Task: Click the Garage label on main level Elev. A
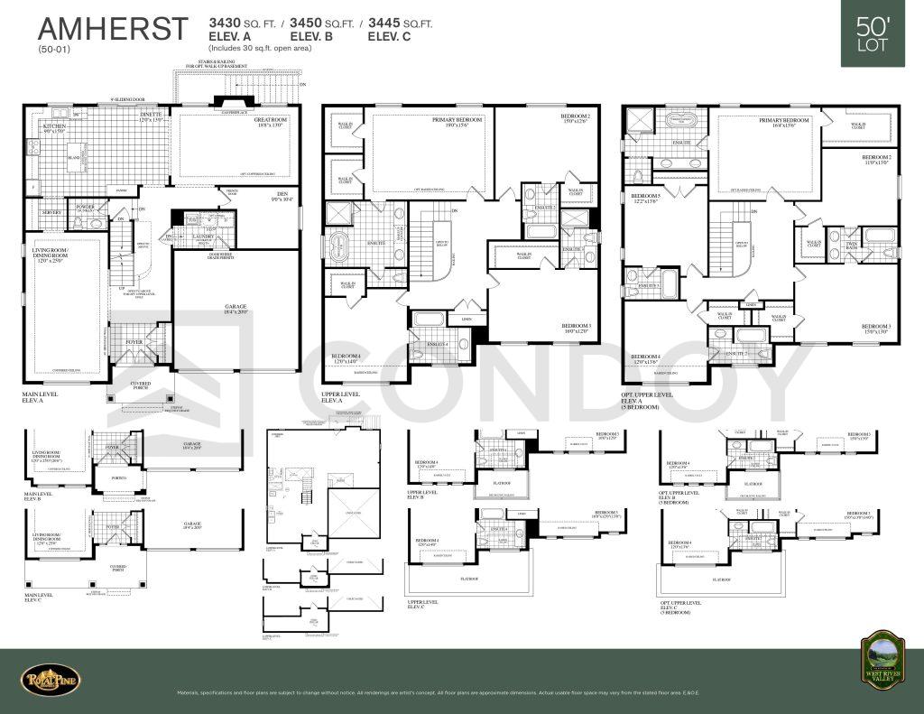236,308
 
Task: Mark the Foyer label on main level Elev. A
134,342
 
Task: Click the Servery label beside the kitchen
51,212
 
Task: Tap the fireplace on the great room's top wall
222,102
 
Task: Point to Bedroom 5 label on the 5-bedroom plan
645,198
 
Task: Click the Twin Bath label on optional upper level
850,242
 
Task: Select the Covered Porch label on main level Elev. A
139,385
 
